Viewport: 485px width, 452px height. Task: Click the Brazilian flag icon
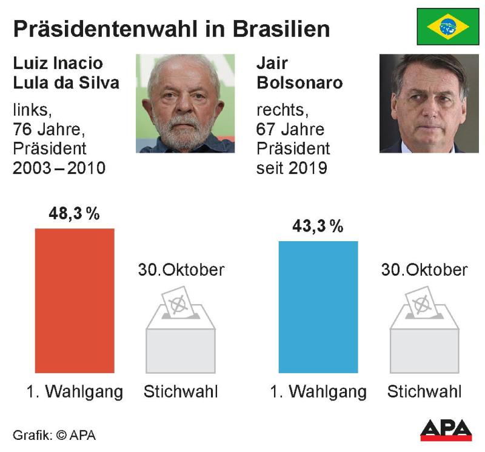(447, 27)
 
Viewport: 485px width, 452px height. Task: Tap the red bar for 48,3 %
(75, 301)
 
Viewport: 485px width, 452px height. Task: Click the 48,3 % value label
(75, 214)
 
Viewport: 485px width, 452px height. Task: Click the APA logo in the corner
(446, 430)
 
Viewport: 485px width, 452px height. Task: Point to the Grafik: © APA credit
(54, 434)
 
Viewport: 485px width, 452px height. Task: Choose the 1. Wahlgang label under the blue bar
(318, 392)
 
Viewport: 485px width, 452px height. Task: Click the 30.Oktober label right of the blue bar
(424, 270)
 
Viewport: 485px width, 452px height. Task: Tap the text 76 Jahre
(49, 128)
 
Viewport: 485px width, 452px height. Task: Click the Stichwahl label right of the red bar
(181, 392)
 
